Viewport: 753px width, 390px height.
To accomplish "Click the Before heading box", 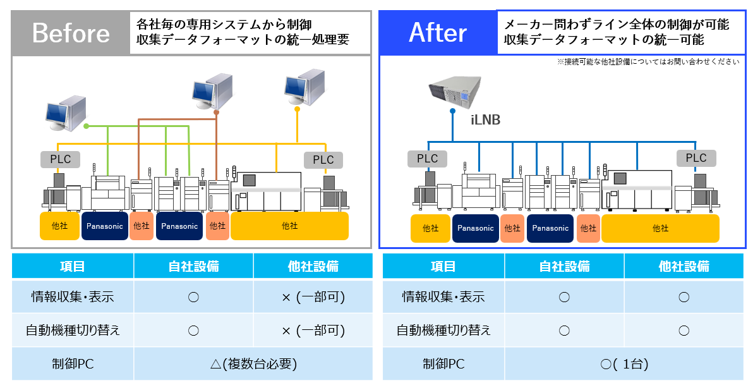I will click(71, 33).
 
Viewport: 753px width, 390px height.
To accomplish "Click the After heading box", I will click(438, 33).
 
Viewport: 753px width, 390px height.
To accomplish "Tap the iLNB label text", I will click(485, 119).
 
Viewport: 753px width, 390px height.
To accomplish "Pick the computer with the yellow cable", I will click(303, 87).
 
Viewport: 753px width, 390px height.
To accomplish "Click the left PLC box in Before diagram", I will click(61, 159).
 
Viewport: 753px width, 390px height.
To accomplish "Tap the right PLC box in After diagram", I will click(696, 158).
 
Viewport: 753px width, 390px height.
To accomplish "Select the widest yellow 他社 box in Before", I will click(289, 226).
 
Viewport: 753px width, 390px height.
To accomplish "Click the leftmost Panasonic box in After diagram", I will click(475, 228).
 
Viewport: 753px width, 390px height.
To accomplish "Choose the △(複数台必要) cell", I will click(253, 363).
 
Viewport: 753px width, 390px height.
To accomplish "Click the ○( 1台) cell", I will click(624, 363).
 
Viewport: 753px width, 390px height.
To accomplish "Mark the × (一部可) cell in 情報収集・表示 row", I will click(313, 296).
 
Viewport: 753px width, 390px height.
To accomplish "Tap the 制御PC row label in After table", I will click(443, 363).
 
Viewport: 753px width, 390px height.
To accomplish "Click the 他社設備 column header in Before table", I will click(313, 266).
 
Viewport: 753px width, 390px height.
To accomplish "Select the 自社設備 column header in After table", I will click(564, 266).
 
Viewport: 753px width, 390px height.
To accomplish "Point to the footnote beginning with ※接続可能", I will click(648, 62).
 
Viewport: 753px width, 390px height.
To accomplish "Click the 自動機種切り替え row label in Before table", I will click(73, 330).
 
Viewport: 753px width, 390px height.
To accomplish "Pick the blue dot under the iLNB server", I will click(452, 111).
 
